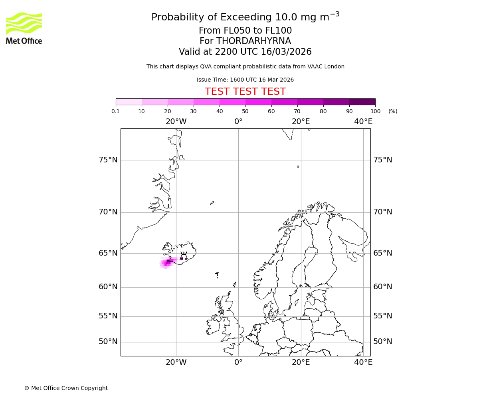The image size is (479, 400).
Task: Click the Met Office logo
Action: [24, 28]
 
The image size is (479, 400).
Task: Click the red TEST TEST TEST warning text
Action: [245, 92]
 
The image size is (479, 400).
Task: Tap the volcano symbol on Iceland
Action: [184, 256]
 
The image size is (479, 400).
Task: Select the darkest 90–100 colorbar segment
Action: [362, 102]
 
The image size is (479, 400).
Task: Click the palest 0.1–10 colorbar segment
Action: [129, 102]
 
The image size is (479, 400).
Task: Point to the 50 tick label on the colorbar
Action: [245, 111]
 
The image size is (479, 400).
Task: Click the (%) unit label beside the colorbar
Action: [393, 111]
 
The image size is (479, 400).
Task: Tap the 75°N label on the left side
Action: [108, 160]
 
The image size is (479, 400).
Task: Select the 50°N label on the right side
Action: [382, 342]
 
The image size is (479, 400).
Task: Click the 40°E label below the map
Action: [363, 362]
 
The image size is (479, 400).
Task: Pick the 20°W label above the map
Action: [176, 122]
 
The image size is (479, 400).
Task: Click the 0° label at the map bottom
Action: [238, 362]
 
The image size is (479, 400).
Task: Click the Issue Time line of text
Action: [245, 80]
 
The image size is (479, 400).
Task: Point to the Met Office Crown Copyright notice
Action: [66, 388]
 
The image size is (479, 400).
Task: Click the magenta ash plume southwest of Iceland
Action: [167, 263]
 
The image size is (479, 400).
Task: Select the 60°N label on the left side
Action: [108, 287]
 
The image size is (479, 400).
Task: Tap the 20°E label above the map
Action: [301, 122]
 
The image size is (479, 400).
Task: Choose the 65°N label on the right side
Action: [382, 253]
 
